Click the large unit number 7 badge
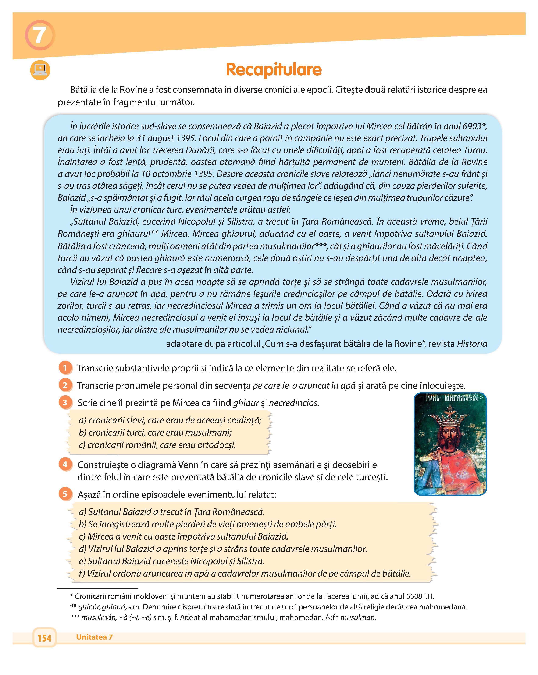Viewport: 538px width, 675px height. click(x=40, y=35)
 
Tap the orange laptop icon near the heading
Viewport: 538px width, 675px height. click(x=40, y=70)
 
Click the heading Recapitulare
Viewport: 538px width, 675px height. click(x=274, y=69)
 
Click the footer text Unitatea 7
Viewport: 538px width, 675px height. click(x=94, y=637)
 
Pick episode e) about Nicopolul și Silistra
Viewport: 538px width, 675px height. click(x=172, y=561)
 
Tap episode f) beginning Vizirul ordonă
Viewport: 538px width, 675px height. click(x=244, y=573)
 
